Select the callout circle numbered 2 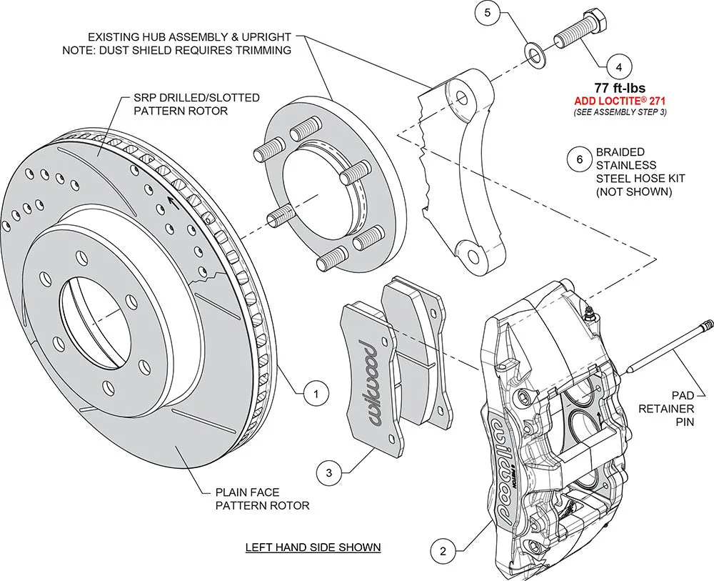(443, 550)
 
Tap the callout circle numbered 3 (328, 472)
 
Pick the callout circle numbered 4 (618, 68)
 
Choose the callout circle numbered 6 (579, 159)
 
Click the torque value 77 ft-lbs (619, 89)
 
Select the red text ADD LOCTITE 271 (619, 101)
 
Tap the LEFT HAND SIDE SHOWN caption (313, 547)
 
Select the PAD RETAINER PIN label (675, 408)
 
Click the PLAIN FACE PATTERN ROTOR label (263, 498)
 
